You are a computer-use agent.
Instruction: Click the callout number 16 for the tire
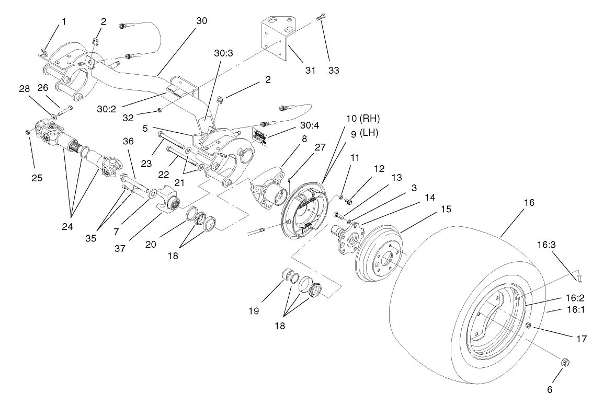529,202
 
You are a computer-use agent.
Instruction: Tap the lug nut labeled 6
564,362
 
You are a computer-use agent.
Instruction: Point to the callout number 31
311,71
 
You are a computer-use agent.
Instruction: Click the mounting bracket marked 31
277,37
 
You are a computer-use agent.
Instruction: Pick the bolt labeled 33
321,19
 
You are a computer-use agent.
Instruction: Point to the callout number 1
64,22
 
